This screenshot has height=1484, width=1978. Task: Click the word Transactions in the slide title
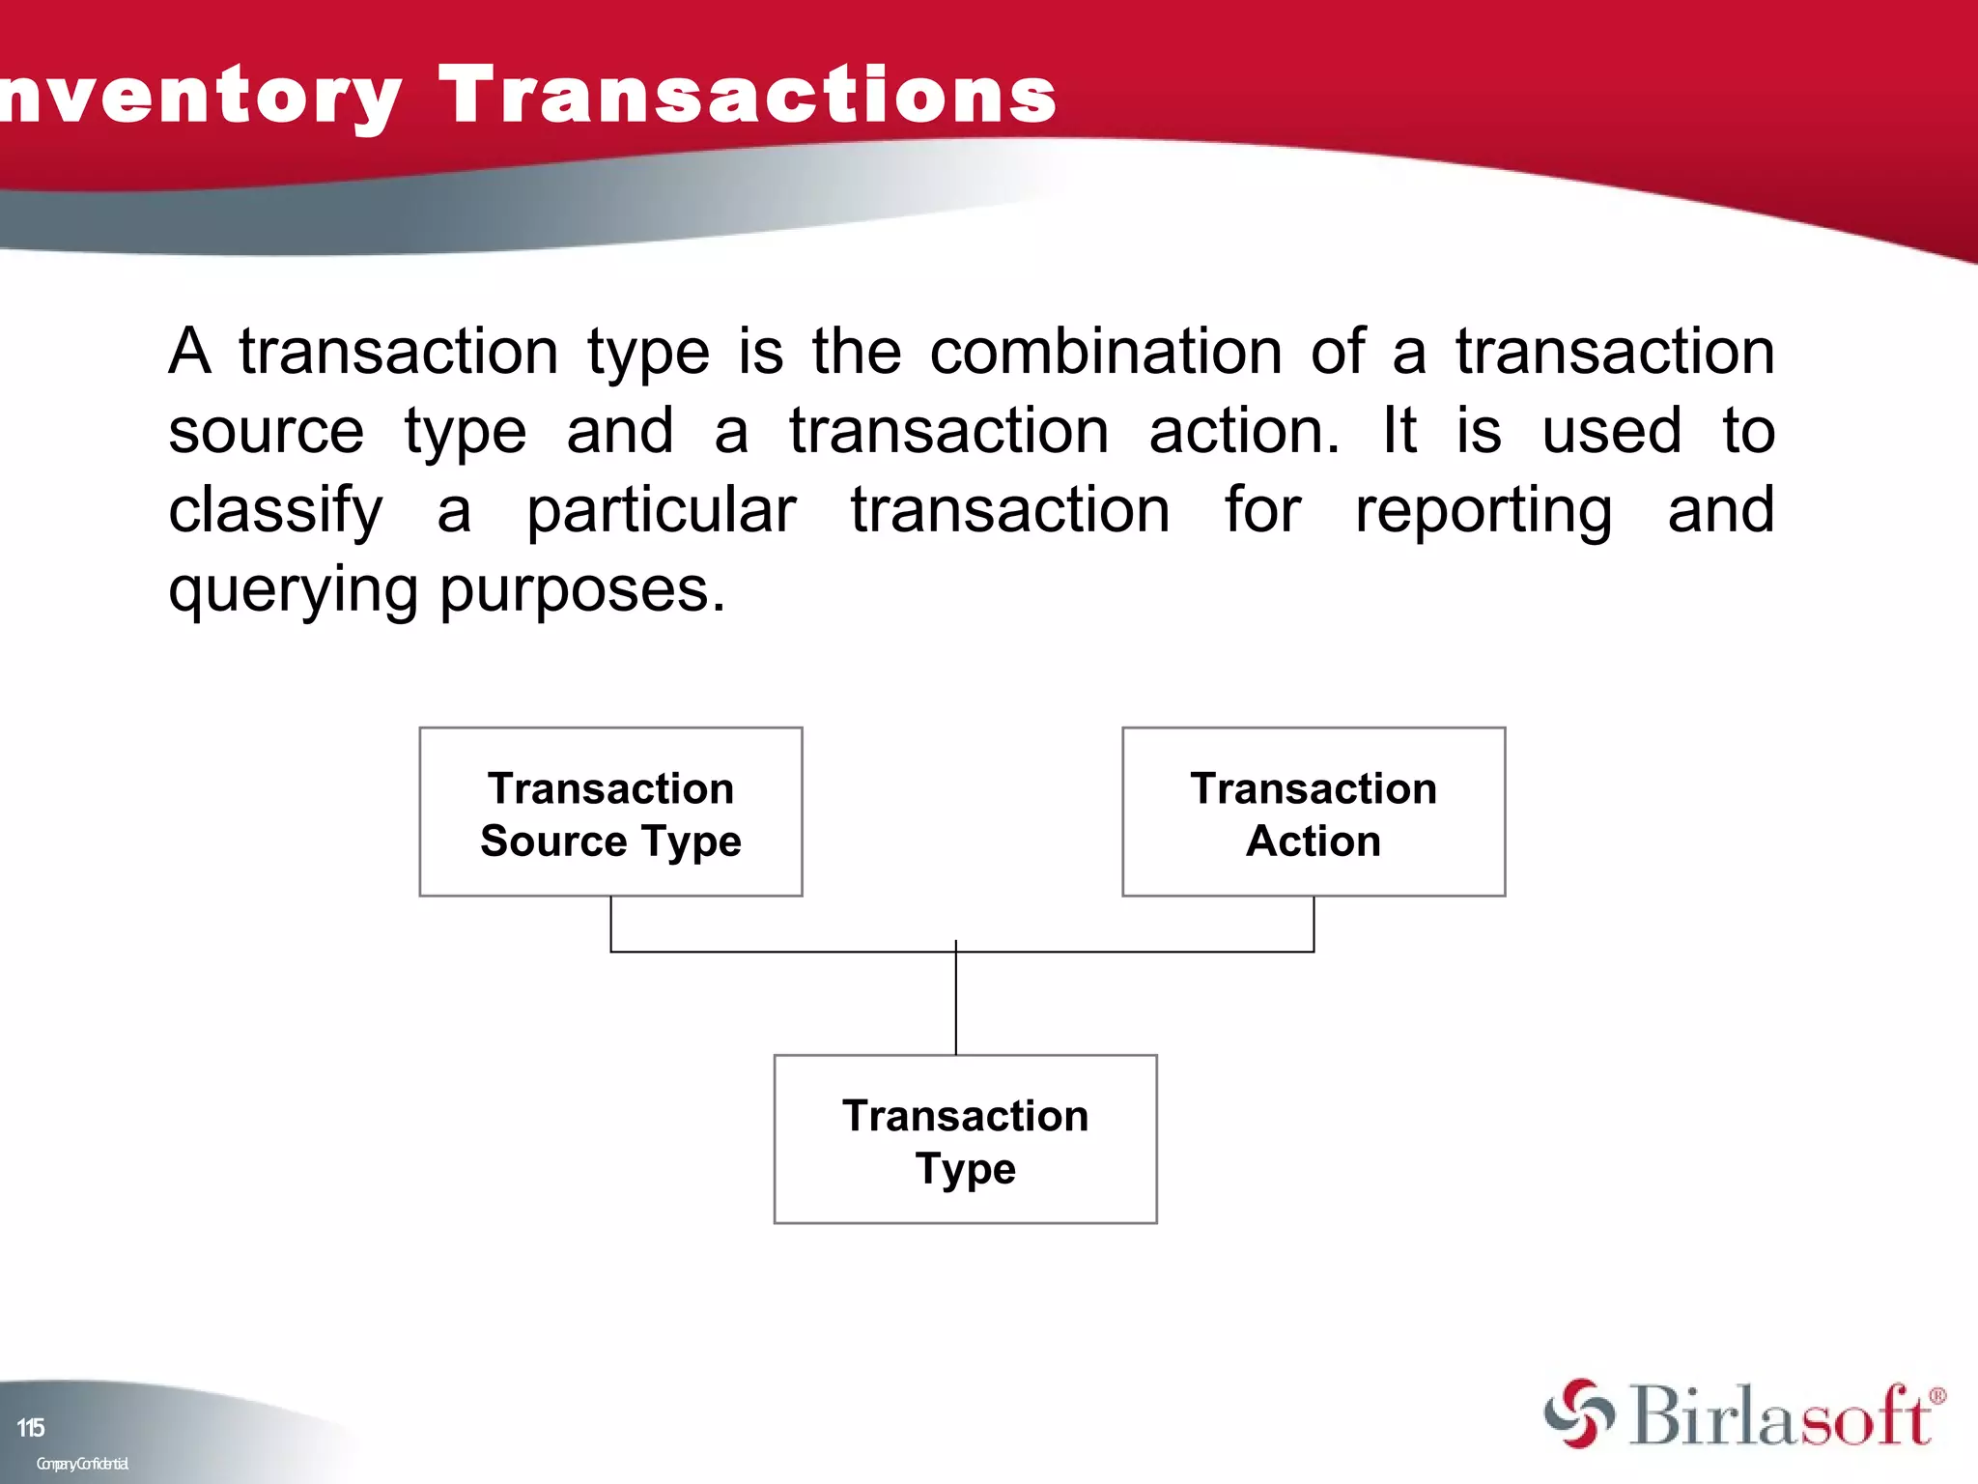point(749,95)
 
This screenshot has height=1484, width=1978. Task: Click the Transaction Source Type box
point(610,812)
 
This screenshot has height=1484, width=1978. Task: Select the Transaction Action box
point(1314,812)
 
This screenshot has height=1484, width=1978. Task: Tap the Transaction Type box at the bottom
point(965,1139)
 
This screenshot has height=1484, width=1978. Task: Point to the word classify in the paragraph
point(275,510)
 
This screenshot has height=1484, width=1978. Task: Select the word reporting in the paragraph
point(1483,510)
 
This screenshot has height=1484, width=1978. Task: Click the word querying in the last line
point(293,589)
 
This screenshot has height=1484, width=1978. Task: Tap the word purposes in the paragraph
point(581,589)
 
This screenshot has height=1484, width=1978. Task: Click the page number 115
point(31,1427)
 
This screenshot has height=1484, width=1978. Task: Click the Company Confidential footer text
point(82,1464)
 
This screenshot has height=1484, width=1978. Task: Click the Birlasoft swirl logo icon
point(1578,1413)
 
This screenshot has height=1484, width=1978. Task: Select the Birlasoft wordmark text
point(1779,1416)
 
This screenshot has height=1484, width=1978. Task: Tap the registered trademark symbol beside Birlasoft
point(1936,1395)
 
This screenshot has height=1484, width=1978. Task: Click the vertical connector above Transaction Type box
point(956,1005)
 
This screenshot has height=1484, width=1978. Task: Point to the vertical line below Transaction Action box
point(1314,923)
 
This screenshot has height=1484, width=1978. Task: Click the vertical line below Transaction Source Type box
point(610,923)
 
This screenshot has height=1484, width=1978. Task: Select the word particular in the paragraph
point(662,510)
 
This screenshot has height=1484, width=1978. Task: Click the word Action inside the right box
point(1314,841)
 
